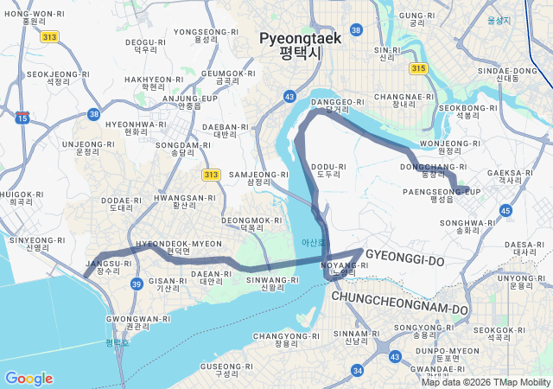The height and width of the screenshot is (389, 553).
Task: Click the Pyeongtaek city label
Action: (x=300, y=45)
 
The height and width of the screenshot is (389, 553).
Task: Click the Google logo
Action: (x=29, y=379)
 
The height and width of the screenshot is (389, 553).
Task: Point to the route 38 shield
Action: (x=93, y=113)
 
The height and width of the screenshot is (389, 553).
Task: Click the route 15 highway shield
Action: (x=22, y=117)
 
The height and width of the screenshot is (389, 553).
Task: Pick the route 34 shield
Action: (x=358, y=370)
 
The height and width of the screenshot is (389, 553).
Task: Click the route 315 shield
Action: (x=418, y=68)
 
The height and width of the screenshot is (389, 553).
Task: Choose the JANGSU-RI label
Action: (x=108, y=266)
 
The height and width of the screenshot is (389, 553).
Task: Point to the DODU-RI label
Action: (x=328, y=169)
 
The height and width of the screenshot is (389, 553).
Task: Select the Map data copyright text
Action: (x=486, y=382)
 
